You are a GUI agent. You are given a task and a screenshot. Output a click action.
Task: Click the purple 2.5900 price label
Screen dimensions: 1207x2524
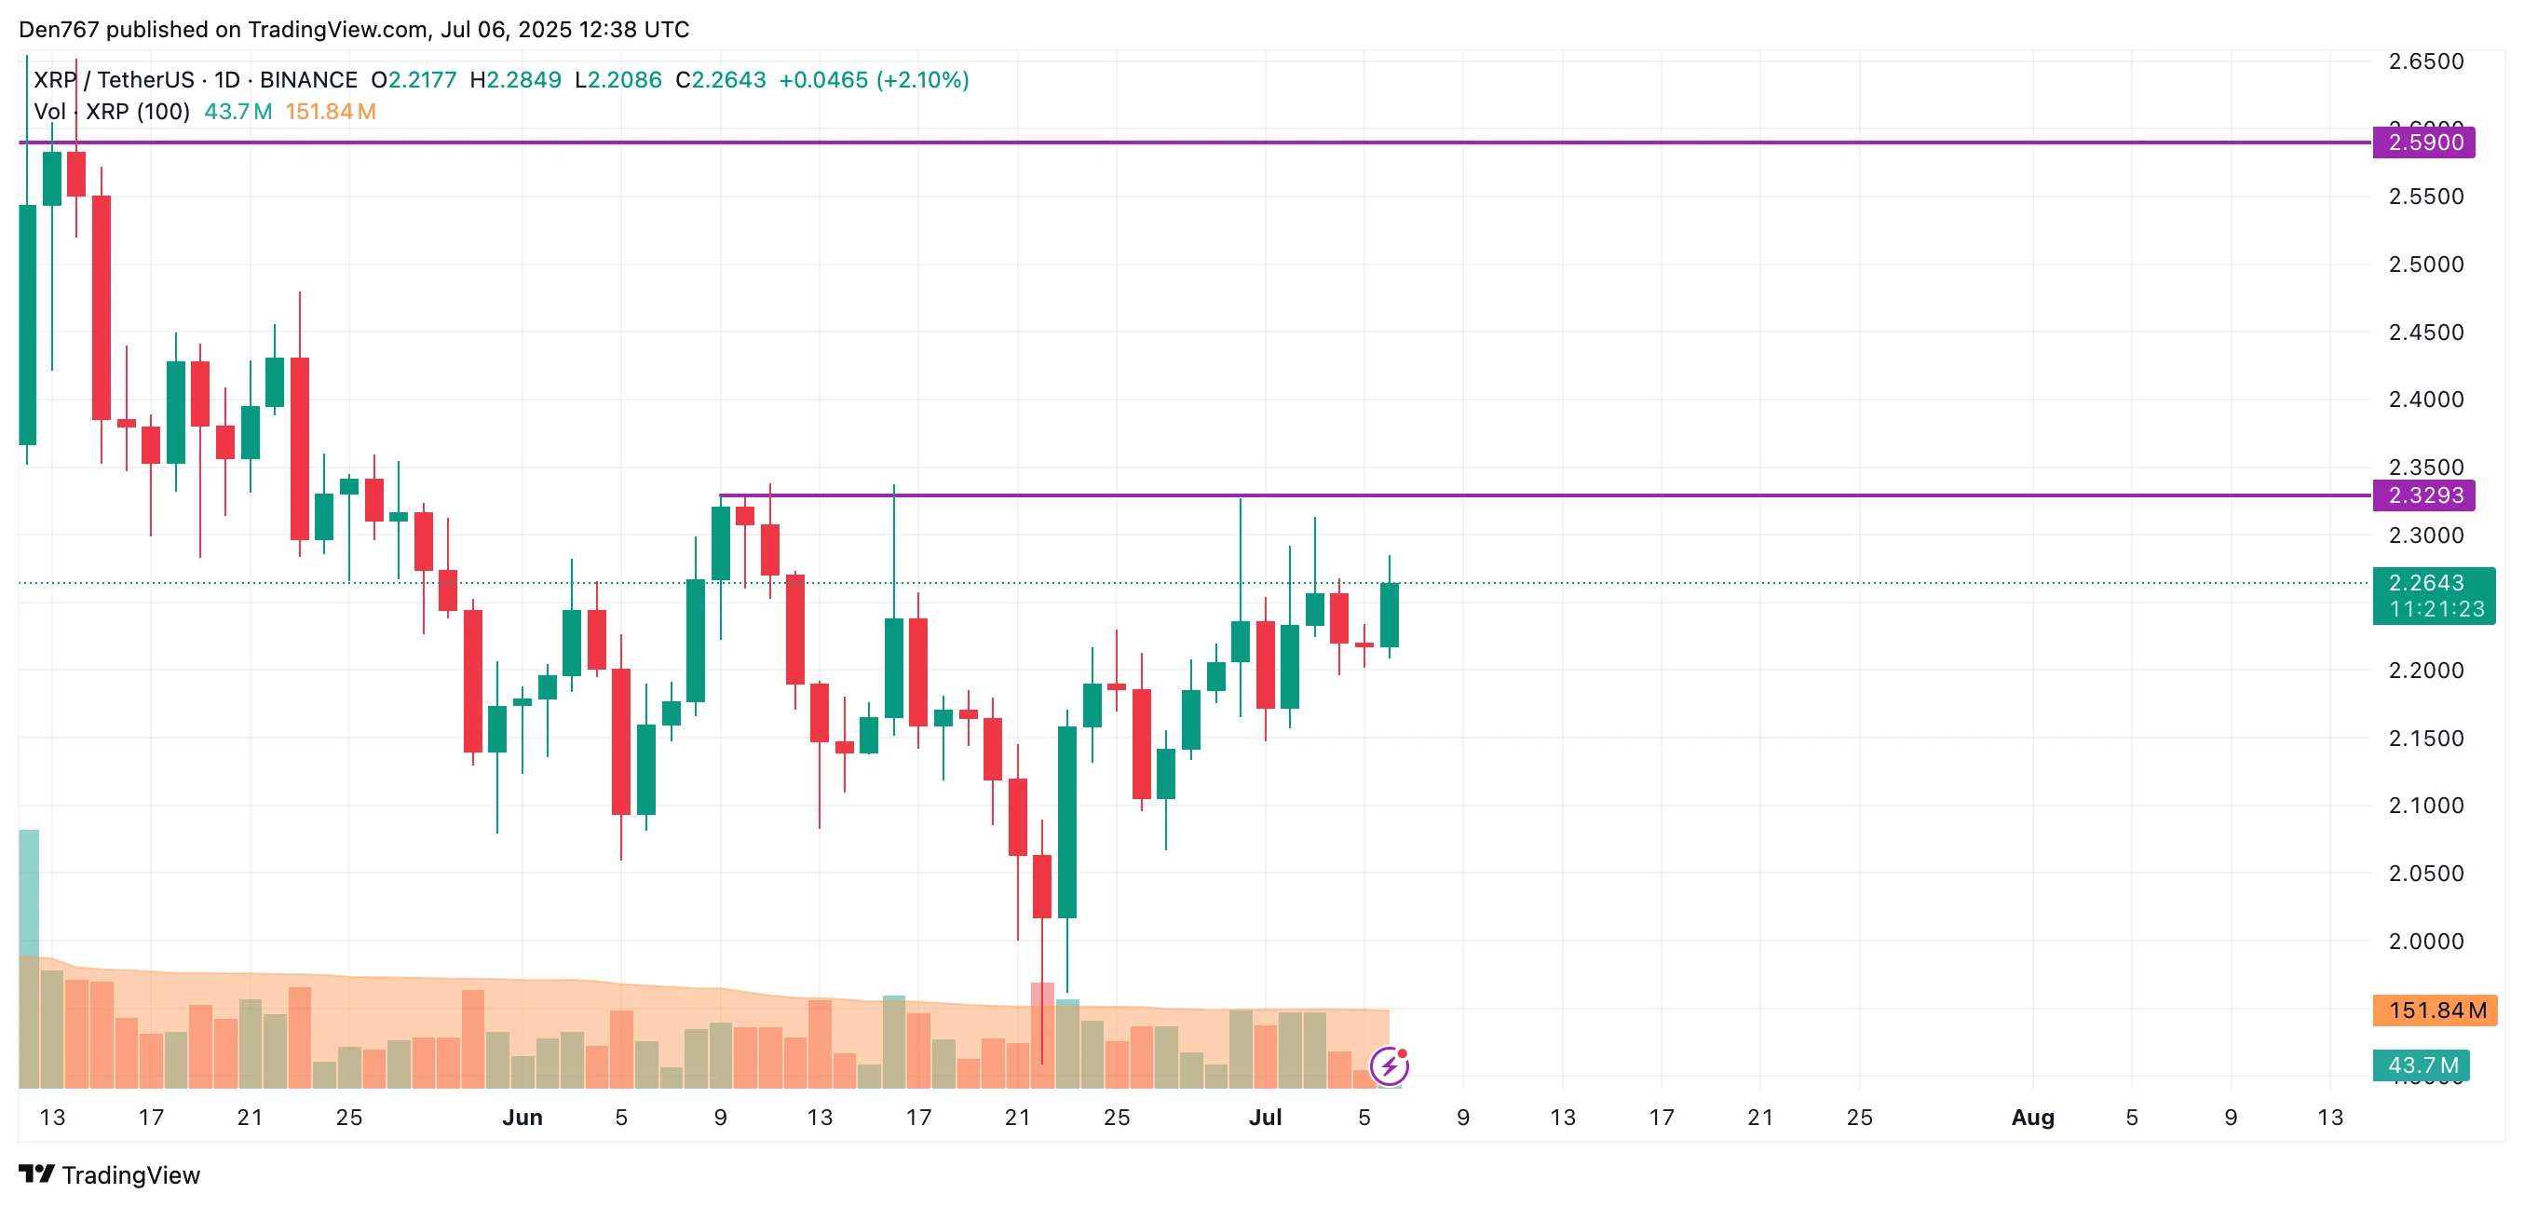tap(2423, 142)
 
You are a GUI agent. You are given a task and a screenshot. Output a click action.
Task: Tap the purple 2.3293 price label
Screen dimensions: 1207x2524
tap(2423, 495)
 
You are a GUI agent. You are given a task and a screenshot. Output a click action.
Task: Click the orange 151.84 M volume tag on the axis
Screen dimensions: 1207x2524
tap(2434, 1010)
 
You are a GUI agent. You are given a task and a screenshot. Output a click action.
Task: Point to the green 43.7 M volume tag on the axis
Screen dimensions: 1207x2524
tap(2420, 1064)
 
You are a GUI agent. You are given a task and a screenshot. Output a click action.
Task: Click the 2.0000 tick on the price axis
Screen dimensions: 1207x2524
tap(2425, 941)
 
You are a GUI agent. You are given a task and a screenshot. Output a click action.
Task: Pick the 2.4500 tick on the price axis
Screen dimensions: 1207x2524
tap(2425, 332)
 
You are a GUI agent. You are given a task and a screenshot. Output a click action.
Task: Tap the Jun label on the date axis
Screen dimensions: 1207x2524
tap(522, 1117)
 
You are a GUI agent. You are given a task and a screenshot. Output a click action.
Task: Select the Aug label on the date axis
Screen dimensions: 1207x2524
tap(2032, 1117)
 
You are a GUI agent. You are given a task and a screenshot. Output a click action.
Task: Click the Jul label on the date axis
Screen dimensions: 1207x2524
tap(1264, 1117)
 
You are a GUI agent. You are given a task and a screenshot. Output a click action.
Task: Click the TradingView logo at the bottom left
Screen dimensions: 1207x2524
tap(110, 1173)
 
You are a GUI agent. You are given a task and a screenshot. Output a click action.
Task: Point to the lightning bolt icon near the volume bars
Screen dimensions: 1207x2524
tap(1389, 1066)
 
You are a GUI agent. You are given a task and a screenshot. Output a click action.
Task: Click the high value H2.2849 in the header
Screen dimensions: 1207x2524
tap(515, 79)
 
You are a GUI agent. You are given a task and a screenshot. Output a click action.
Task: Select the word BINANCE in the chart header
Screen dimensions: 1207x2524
tap(307, 79)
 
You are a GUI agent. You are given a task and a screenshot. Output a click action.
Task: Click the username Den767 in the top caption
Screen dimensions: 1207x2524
tap(59, 30)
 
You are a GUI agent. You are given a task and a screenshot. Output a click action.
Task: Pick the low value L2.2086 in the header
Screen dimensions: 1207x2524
tap(618, 79)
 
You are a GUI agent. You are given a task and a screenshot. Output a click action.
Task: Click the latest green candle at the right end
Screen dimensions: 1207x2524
tap(1389, 615)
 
